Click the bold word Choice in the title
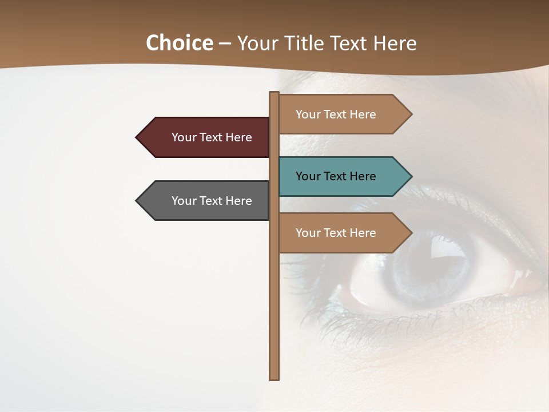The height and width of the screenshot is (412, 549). click(179, 43)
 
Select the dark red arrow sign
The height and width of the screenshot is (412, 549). click(206, 137)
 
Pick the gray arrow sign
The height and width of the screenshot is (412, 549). click(206, 201)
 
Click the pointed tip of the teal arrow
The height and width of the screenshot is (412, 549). click(411, 176)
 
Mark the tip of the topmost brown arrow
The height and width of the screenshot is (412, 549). click(411, 114)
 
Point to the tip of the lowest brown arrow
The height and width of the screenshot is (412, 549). click(411, 233)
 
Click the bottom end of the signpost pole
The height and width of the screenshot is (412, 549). click(274, 378)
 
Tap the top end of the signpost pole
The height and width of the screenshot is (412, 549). click(274, 93)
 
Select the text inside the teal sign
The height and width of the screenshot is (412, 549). click(336, 176)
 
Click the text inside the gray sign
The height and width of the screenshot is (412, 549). click(212, 201)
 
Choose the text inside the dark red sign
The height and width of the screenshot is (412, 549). click(212, 137)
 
